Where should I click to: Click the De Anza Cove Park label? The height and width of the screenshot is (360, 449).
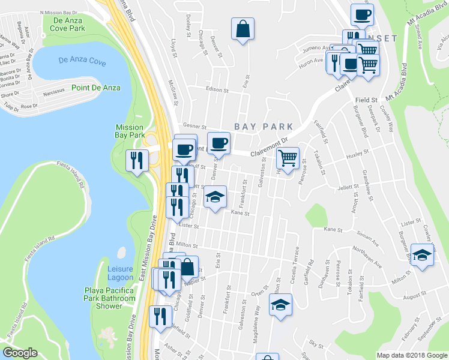coord(67,24)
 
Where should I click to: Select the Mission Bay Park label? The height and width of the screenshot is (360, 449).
coord(130,131)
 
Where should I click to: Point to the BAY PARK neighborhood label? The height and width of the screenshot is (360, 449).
coord(264,127)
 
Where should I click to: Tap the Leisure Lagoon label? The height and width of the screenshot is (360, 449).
coord(121,273)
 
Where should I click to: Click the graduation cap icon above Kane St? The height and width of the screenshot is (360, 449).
coord(214,197)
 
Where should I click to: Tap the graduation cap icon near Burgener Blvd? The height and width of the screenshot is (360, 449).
coord(422,253)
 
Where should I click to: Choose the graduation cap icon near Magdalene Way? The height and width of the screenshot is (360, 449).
coord(280,305)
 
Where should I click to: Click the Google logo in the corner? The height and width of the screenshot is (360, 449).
coord(20,353)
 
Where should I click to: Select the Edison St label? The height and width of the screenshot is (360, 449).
coord(218,91)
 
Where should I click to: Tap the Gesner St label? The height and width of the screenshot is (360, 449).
coord(194,127)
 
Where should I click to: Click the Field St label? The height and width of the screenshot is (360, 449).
coord(365,100)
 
